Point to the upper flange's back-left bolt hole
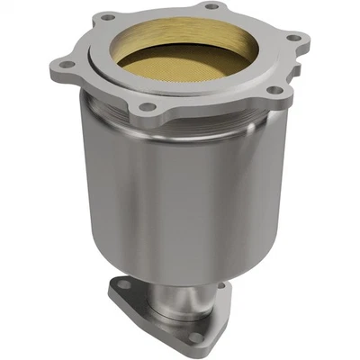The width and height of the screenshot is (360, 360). (108, 16)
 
